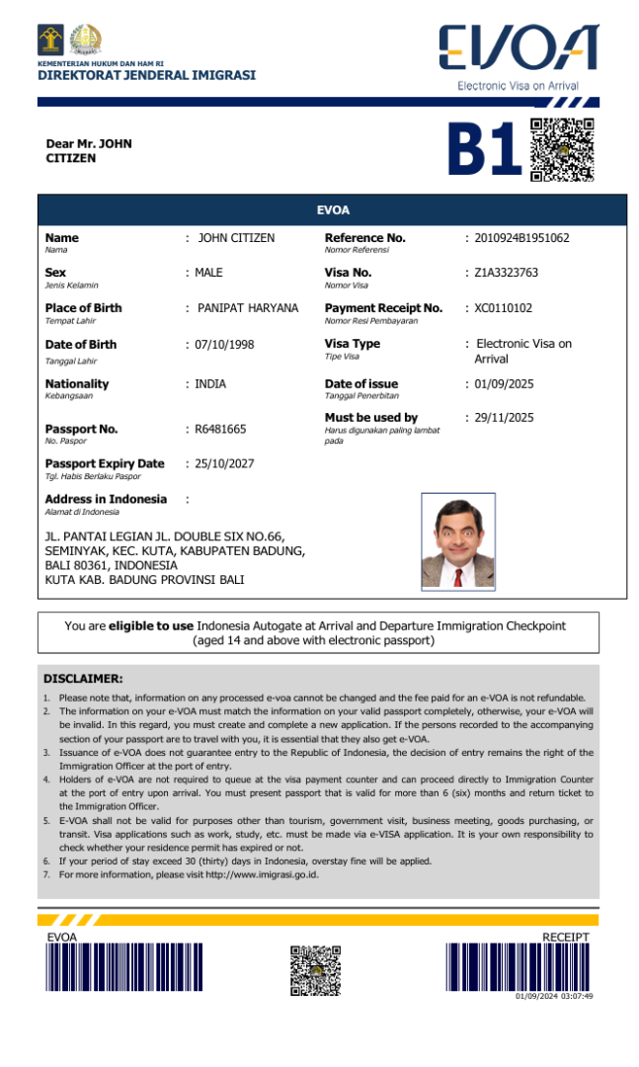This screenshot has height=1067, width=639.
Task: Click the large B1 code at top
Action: (483, 150)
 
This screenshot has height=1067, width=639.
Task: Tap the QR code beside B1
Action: (562, 149)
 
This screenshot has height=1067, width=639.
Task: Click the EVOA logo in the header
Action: (518, 49)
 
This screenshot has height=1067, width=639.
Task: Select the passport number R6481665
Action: (221, 430)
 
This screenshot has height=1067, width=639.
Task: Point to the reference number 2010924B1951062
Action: (521, 238)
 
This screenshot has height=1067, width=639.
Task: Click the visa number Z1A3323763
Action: (506, 273)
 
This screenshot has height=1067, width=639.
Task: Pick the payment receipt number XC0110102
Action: (503, 308)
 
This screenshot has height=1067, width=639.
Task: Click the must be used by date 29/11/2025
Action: (504, 418)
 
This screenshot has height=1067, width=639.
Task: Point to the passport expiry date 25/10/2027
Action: (224, 463)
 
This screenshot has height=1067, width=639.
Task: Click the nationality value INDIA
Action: (210, 384)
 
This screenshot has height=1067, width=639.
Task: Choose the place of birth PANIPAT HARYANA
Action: (247, 308)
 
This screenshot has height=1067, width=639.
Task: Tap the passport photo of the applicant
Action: (457, 541)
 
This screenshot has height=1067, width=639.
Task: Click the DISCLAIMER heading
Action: (83, 679)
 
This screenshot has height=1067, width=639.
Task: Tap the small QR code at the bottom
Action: (315, 970)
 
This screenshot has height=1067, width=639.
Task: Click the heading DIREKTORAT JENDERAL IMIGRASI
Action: (146, 75)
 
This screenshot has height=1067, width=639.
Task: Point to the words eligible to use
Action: (150, 625)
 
